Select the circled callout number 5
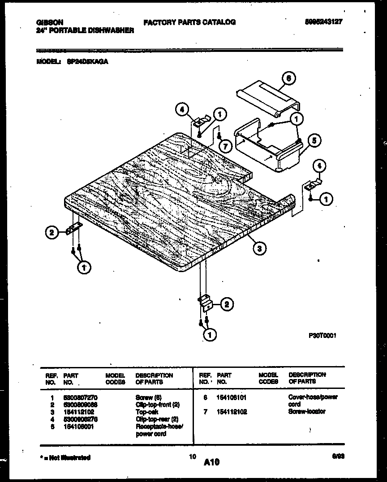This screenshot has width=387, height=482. click(x=315, y=141)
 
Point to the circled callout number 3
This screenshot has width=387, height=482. click(x=258, y=248)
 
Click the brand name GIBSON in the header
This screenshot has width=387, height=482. click(x=49, y=22)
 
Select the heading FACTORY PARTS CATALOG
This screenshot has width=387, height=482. click(x=189, y=22)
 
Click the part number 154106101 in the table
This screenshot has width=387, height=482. click(x=232, y=397)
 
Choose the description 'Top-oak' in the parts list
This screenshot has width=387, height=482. click(x=146, y=412)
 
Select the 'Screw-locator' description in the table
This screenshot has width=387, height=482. click(x=307, y=411)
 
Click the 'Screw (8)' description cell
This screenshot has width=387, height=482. click(x=148, y=397)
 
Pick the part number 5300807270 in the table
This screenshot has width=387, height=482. click(x=81, y=397)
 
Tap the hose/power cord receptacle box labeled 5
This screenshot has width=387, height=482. click(x=269, y=148)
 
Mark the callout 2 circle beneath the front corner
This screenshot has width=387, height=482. click(x=226, y=305)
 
